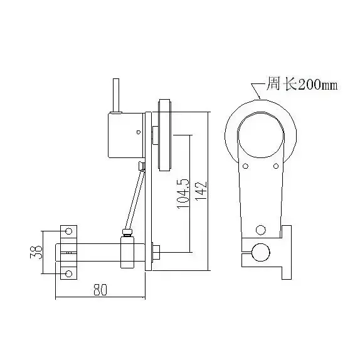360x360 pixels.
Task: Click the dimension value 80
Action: (x=100, y=290)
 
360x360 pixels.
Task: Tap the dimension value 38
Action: (x=36, y=252)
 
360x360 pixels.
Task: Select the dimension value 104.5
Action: (x=183, y=194)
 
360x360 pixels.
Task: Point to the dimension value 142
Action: (x=201, y=191)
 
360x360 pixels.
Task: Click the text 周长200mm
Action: (x=302, y=84)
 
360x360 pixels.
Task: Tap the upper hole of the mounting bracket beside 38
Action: (x=68, y=231)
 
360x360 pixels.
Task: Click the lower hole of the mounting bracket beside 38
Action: (x=68, y=273)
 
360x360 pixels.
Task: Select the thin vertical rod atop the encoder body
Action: (x=116, y=95)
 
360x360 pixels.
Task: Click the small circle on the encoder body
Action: (x=138, y=132)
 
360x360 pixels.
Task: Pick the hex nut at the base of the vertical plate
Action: (x=156, y=252)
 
